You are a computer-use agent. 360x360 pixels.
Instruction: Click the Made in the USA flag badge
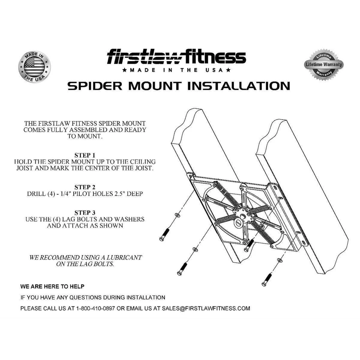coord(34,67)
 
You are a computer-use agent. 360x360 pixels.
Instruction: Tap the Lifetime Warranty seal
coord(323,64)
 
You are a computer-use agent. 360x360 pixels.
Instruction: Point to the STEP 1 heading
coord(85,155)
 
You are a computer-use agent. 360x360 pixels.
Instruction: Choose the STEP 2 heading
coord(85,187)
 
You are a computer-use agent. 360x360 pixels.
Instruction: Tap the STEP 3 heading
coord(85,213)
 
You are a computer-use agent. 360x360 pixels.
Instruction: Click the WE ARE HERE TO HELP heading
coord(52,286)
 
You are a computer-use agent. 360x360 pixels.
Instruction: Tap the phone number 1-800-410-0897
coord(96,308)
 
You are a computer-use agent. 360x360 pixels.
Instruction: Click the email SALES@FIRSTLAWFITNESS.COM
coord(206,308)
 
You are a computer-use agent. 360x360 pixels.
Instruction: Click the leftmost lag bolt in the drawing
coord(164,234)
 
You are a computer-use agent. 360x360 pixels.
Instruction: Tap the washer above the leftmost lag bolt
coord(178,215)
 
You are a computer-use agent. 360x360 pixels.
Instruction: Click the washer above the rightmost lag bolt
coord(280,260)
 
